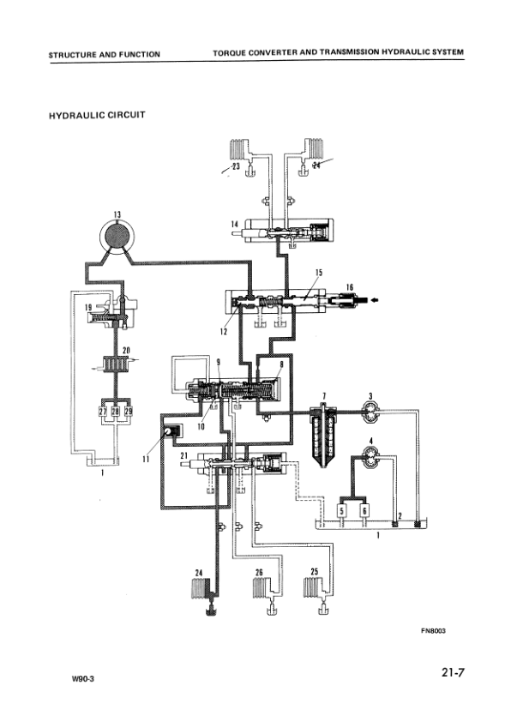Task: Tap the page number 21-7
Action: [x=448, y=673]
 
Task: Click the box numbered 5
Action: [x=341, y=509]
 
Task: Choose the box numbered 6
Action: [x=364, y=509]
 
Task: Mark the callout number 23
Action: [x=236, y=167]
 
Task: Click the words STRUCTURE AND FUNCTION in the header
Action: [x=104, y=54]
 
